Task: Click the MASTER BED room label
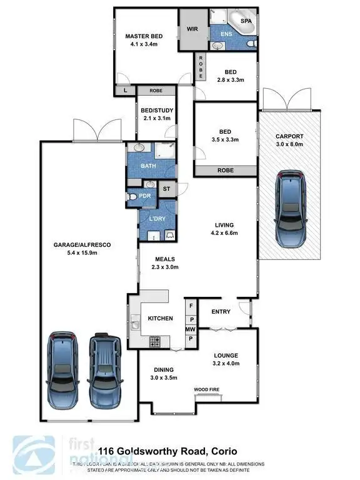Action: (144, 36)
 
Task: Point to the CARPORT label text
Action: (289, 136)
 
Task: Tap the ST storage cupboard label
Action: (166, 188)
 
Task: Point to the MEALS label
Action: (165, 259)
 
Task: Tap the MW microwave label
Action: (191, 329)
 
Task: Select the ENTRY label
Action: (221, 311)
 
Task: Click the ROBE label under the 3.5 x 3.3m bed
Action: (226, 169)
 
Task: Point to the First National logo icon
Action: (32, 452)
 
